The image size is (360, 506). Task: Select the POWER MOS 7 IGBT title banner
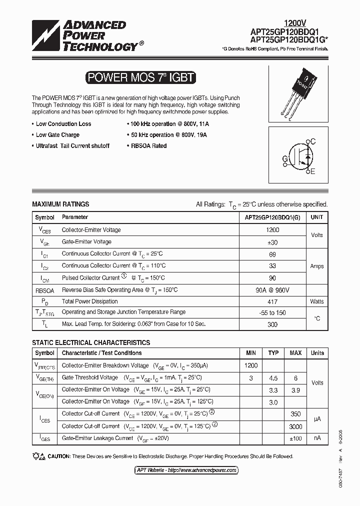click(x=140, y=77)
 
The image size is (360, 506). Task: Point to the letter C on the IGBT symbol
click(x=313, y=142)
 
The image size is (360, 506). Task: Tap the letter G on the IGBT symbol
click(x=285, y=159)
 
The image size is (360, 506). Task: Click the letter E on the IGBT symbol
click(x=313, y=172)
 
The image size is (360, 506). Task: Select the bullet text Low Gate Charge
click(x=57, y=135)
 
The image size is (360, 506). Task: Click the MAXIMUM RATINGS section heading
click(x=60, y=204)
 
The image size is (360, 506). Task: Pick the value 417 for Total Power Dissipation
click(x=272, y=301)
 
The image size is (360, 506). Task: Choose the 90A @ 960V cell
click(x=272, y=290)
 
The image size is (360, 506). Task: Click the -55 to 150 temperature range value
click(x=272, y=312)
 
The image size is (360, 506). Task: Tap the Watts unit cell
click(x=316, y=301)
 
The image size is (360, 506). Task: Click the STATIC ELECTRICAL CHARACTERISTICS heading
click(x=90, y=342)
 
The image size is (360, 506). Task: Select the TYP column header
click(x=273, y=353)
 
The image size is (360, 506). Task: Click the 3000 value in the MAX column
click(x=295, y=426)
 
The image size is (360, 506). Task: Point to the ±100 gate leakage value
click(x=295, y=438)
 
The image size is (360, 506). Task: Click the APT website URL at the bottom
click(x=186, y=470)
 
